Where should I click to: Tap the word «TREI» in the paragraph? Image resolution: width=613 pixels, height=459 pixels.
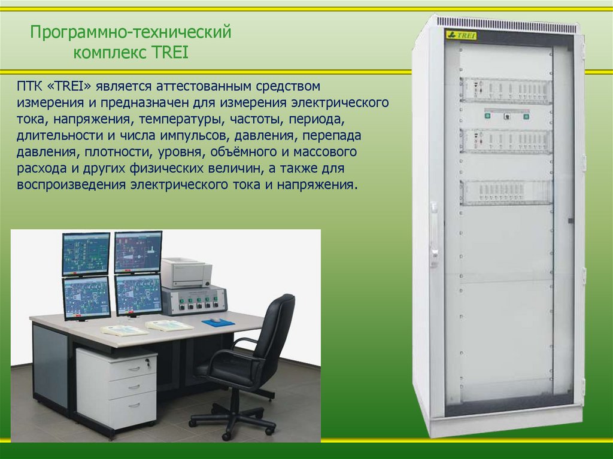point(63,88)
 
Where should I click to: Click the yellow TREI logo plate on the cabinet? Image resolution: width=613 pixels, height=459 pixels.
point(461,35)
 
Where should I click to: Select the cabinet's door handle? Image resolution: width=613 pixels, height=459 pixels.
point(433,233)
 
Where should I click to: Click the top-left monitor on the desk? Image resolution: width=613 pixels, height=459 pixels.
point(86,253)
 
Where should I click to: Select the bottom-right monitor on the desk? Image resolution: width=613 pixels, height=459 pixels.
point(138,294)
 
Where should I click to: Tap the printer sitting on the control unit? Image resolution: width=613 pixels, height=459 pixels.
point(186,272)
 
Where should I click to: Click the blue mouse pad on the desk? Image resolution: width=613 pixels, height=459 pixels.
point(218,323)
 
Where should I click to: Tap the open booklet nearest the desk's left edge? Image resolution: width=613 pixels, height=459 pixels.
point(124,330)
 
